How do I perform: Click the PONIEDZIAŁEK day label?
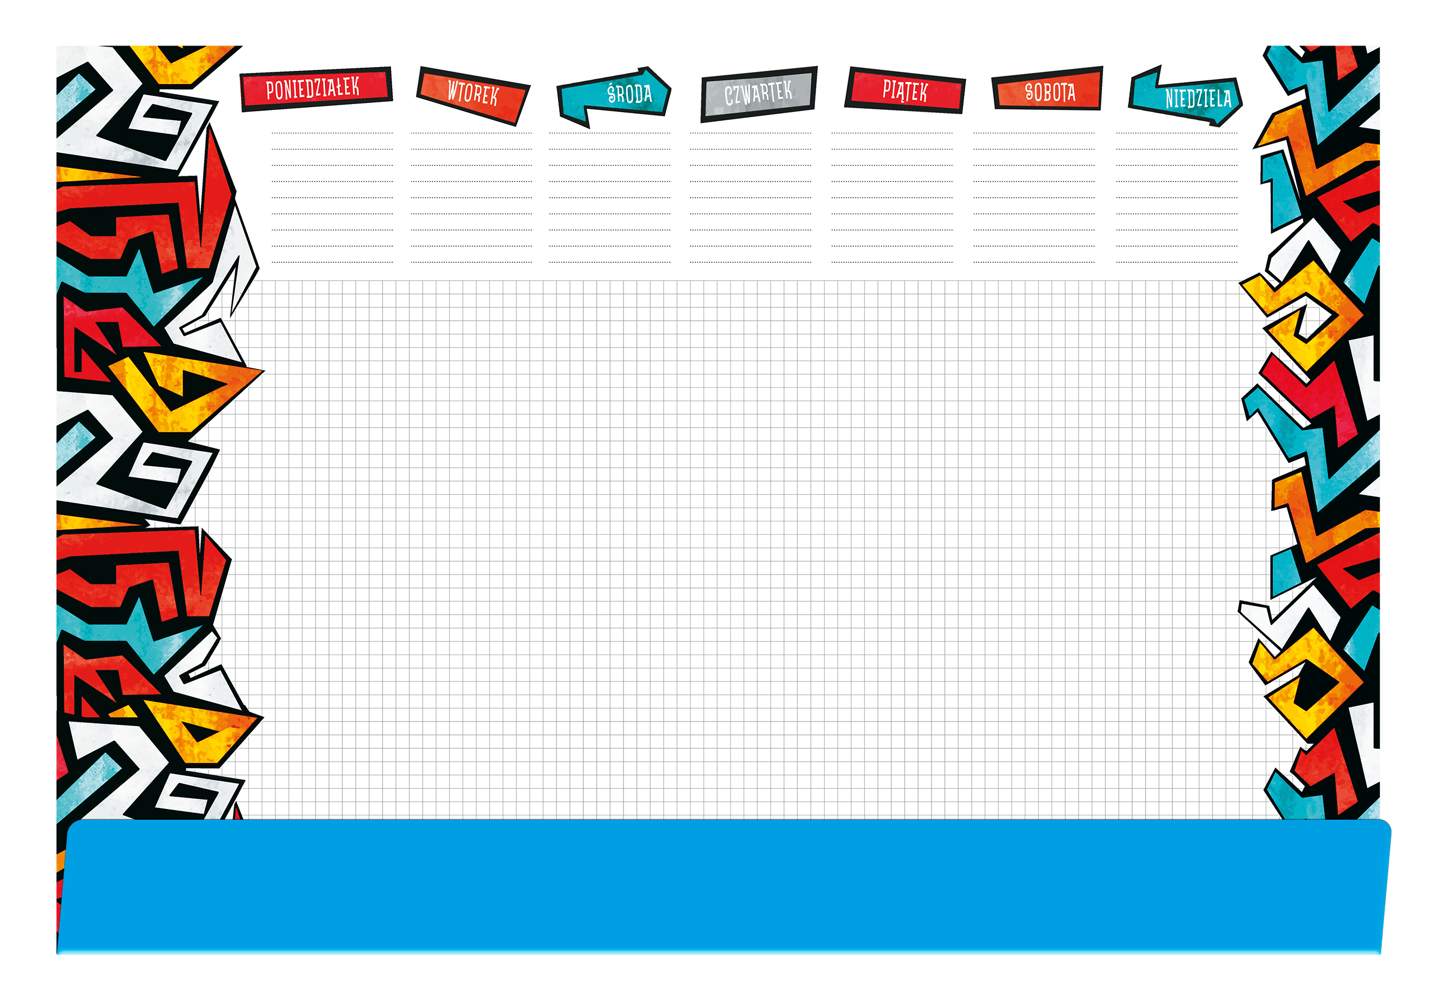pos(316,89)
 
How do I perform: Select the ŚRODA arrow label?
pos(614,96)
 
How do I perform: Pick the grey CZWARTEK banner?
pos(759,94)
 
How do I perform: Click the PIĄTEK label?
pos(905,91)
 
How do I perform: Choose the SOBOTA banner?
pos(1048,89)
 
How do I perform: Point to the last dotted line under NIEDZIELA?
pos(1177,262)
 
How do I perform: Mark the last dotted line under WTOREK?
pos(472,262)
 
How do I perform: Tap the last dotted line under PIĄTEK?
pos(892,262)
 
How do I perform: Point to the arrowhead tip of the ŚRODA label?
pos(671,89)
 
